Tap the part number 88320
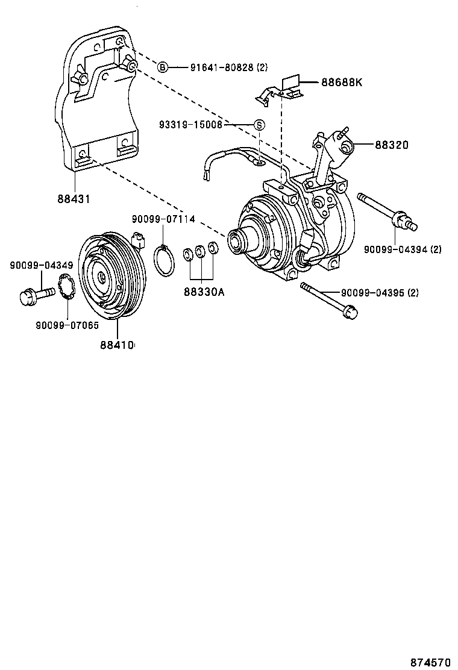point(392,145)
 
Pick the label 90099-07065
point(67,325)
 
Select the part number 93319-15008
point(191,125)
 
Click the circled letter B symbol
point(163,67)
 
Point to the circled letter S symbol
point(259,125)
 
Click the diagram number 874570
point(430,662)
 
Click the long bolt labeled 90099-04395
point(328,299)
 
